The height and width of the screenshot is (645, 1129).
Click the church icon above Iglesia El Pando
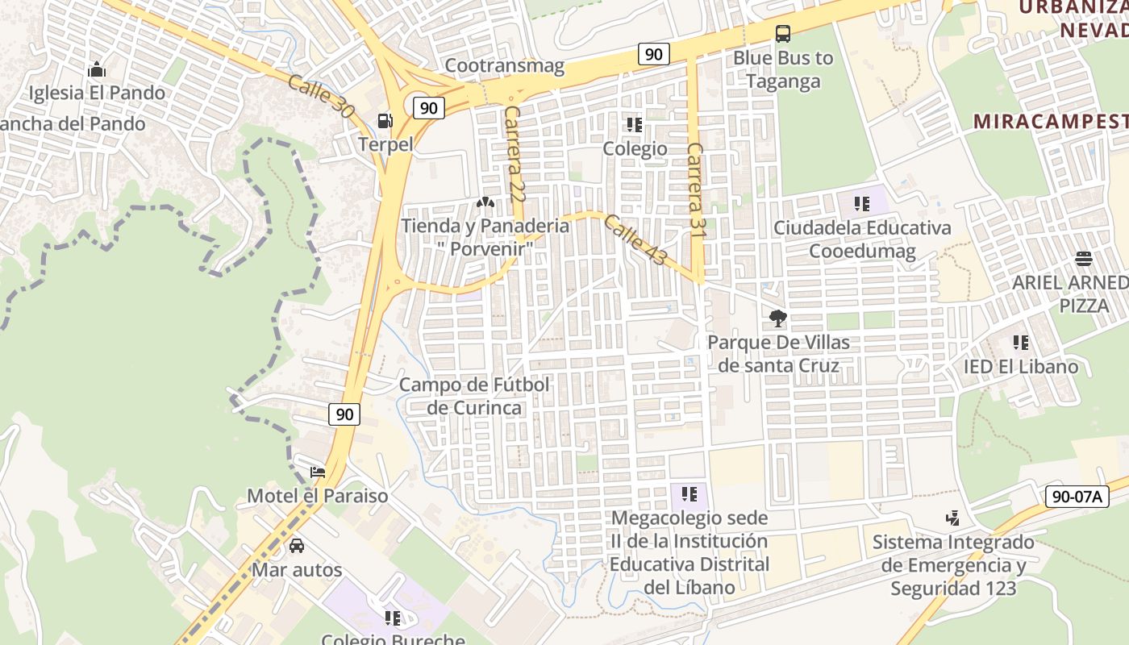pyautogui.click(x=97, y=69)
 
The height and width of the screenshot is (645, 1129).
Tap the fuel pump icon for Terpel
pyautogui.click(x=385, y=121)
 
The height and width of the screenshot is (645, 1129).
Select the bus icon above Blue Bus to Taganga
pyautogui.click(x=782, y=34)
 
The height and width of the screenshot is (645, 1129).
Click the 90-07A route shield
pyautogui.click(x=1077, y=497)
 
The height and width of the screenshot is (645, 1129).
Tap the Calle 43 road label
pyautogui.click(x=635, y=239)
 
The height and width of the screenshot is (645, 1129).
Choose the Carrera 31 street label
pyautogui.click(x=695, y=189)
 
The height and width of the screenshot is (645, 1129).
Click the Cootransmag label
pyautogui.click(x=504, y=66)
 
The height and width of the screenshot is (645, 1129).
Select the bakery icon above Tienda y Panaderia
pyautogui.click(x=485, y=202)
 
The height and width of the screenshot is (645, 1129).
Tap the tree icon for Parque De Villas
pyautogui.click(x=778, y=318)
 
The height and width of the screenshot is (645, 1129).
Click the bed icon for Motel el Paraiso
pyautogui.click(x=318, y=472)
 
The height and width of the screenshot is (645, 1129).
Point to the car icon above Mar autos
pyautogui.click(x=297, y=546)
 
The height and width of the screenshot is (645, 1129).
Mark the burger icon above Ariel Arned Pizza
pyautogui.click(x=1083, y=259)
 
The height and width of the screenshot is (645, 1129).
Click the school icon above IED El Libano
pyautogui.click(x=1021, y=343)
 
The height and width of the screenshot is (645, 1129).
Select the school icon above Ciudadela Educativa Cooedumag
pyautogui.click(x=862, y=203)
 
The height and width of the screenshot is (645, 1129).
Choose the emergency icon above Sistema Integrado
pyautogui.click(x=953, y=518)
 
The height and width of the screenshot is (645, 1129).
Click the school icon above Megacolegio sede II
pyautogui.click(x=689, y=493)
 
